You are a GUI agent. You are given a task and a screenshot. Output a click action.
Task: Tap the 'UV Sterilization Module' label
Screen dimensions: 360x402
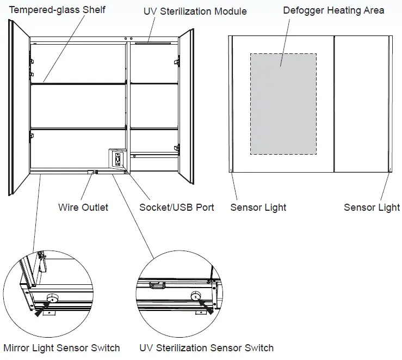(195, 11)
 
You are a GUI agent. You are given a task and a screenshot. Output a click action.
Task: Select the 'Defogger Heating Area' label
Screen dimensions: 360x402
(333, 10)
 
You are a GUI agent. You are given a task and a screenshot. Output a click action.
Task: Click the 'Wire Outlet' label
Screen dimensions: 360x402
(83, 207)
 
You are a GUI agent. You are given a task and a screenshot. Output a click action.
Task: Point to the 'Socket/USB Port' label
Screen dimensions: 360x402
(177, 207)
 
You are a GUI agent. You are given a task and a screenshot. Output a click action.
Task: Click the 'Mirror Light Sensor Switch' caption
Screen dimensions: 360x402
(61, 347)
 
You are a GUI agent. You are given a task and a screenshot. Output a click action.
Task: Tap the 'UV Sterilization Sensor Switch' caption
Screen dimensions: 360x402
(206, 347)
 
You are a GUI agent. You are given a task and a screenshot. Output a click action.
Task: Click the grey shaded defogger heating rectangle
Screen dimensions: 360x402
(283, 103)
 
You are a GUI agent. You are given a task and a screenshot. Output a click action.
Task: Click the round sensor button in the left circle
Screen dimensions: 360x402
(52, 298)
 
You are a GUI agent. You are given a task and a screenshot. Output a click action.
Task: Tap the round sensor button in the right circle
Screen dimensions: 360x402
(195, 296)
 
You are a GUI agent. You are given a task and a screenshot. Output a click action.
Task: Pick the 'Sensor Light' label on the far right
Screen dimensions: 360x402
(372, 207)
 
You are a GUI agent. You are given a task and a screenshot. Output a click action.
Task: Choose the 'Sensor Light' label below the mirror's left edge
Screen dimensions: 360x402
(258, 207)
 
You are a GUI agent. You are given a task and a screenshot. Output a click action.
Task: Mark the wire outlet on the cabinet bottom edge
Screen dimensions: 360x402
(92, 172)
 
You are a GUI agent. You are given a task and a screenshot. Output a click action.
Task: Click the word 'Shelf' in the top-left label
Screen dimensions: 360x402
(94, 10)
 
